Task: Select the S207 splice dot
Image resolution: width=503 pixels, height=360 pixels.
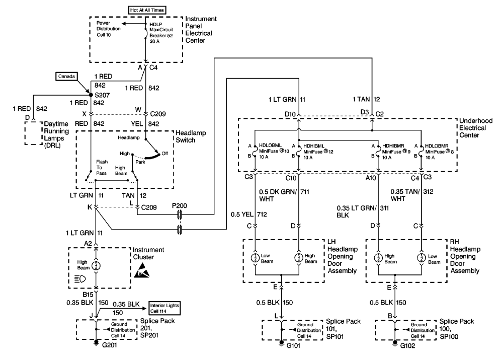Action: pyautogui.click(x=91, y=94)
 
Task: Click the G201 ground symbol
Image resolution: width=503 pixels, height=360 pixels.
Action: pyautogui.click(x=96, y=345)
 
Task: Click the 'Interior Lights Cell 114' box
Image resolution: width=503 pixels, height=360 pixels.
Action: pyautogui.click(x=162, y=309)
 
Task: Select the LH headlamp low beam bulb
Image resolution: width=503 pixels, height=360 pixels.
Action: pyautogui.click(x=256, y=259)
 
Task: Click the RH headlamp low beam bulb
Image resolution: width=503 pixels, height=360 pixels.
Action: pyautogui.click(x=421, y=259)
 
